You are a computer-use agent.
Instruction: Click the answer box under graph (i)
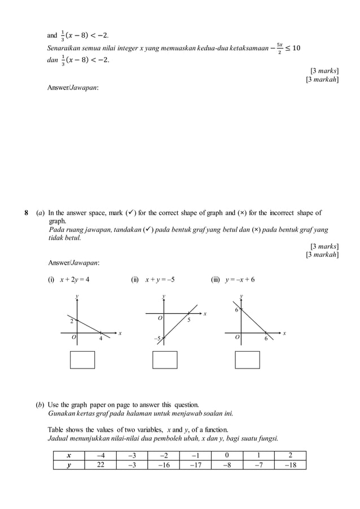point(82,359)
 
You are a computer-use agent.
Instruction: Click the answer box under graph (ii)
point(165,359)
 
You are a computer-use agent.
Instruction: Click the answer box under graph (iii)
point(247,359)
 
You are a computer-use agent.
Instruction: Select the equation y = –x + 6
point(240,279)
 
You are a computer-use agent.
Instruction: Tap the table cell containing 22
point(100,465)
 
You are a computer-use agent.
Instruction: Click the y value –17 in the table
point(195,465)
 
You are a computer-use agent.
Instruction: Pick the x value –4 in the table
point(100,456)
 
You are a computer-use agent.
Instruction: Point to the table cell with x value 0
point(227,456)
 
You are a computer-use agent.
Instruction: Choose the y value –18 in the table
point(289,465)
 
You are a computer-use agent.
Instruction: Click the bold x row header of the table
point(69,456)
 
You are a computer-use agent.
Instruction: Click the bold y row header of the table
point(69,465)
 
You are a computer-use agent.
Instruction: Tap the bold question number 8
point(27,213)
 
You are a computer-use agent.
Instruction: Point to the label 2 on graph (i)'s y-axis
point(72,321)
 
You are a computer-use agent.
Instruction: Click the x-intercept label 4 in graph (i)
point(100,339)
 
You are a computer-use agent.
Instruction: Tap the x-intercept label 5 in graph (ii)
point(188,320)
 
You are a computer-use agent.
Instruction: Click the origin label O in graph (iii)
point(237,338)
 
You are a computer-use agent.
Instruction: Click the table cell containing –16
point(164,465)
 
